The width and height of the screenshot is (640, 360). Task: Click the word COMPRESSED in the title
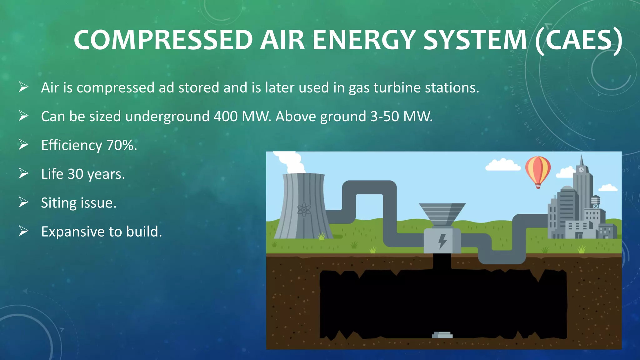pos(163,40)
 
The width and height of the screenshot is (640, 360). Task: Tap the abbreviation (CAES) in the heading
pos(578,41)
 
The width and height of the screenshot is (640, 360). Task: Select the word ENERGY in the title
pos(364,40)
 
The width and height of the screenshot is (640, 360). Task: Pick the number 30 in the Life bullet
pos(75,174)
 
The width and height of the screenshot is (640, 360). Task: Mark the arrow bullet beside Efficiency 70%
pos(23,145)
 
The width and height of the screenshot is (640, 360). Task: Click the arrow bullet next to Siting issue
pos(23,202)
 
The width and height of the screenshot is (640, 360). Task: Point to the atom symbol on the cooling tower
pos(304,210)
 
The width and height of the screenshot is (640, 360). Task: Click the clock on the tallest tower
pos(581,170)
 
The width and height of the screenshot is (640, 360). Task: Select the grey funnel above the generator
pos(442,213)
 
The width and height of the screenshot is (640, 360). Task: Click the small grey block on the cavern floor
pos(442,335)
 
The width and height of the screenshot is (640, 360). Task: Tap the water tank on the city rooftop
pos(595,201)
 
